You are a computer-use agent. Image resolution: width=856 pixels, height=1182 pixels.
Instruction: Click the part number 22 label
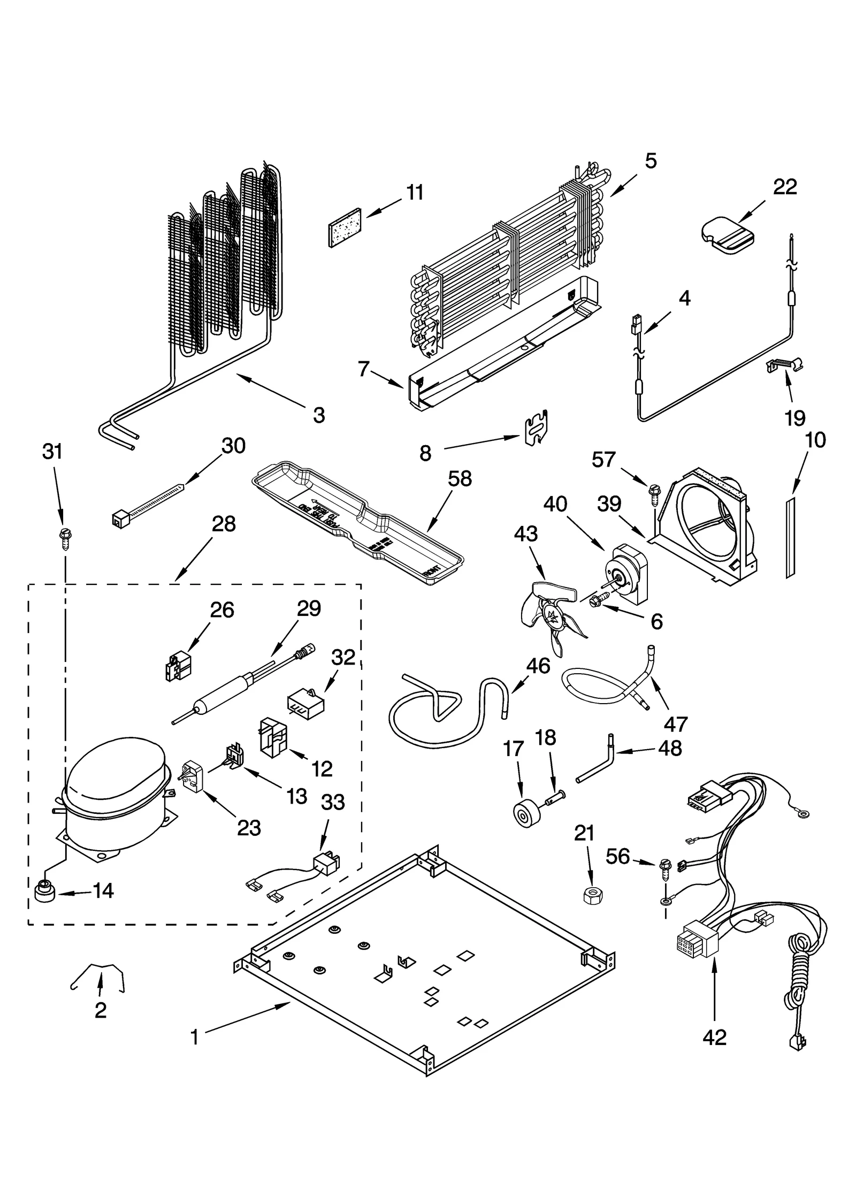[785, 187]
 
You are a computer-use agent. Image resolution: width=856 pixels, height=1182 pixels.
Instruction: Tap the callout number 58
[460, 479]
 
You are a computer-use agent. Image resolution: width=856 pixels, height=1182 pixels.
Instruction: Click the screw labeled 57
[654, 491]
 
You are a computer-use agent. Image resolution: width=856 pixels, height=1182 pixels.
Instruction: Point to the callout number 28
[223, 524]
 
